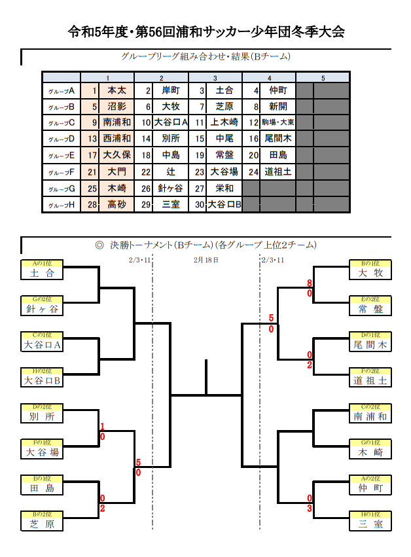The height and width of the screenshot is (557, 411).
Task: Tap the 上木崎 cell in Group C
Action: click(x=224, y=122)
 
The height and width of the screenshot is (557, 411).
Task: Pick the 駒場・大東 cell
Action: click(x=278, y=122)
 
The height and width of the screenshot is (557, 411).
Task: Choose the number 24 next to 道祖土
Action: click(x=253, y=172)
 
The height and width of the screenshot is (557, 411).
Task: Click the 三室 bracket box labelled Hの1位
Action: click(x=370, y=523)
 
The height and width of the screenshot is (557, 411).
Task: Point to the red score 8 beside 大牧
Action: click(x=309, y=283)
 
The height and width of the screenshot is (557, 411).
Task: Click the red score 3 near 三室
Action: click(x=309, y=508)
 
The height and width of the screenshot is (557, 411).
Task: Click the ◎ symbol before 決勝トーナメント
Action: click(x=99, y=245)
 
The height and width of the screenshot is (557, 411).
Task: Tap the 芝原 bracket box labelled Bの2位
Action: click(x=43, y=523)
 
